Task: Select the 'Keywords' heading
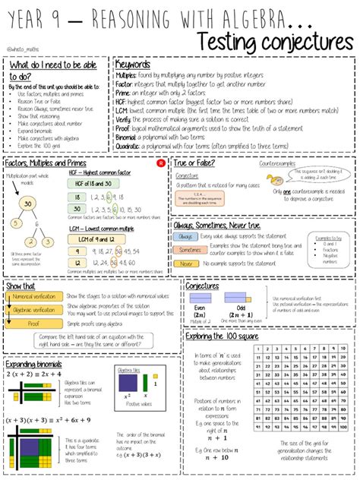pyautogui.click(x=135, y=65)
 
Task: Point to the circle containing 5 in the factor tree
pyautogui.click(x=49, y=242)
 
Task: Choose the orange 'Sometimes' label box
pyautogui.click(x=188, y=249)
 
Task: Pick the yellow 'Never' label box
pyautogui.click(x=185, y=264)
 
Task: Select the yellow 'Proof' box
pyautogui.click(x=34, y=323)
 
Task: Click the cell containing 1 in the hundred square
pyautogui.click(x=259, y=349)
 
